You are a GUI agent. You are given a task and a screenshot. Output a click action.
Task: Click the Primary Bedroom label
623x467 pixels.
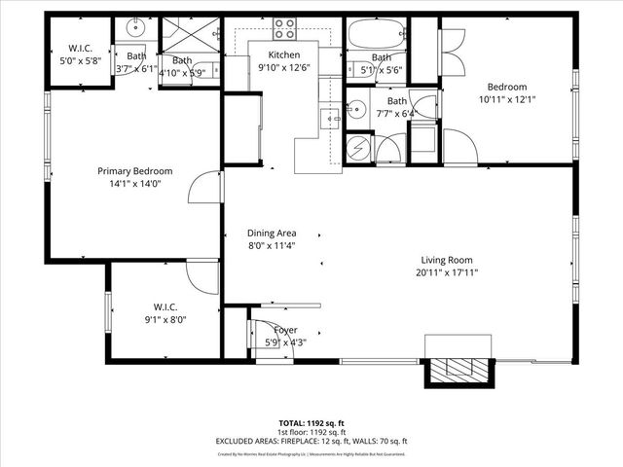pyautogui.click(x=134, y=170)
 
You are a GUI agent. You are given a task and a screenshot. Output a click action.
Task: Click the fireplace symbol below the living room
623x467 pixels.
pyautogui.click(x=455, y=369)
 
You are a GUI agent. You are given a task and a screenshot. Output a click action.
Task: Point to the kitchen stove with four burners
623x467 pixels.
pyautogui.click(x=284, y=28)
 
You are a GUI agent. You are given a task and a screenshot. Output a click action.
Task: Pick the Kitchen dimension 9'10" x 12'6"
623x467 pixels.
pyautogui.click(x=284, y=67)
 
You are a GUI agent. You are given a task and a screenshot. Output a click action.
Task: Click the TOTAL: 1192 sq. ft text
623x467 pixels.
pyautogui.click(x=311, y=423)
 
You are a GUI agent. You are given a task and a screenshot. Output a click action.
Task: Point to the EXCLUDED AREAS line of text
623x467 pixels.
pyautogui.click(x=311, y=441)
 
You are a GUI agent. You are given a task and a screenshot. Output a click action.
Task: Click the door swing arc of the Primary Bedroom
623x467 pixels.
pyautogui.click(x=202, y=187)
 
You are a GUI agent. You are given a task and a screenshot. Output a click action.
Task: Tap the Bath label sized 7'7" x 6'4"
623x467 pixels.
pyautogui.click(x=396, y=101)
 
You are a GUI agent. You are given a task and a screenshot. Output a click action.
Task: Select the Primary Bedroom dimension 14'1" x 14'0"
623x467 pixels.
pyautogui.click(x=134, y=183)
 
